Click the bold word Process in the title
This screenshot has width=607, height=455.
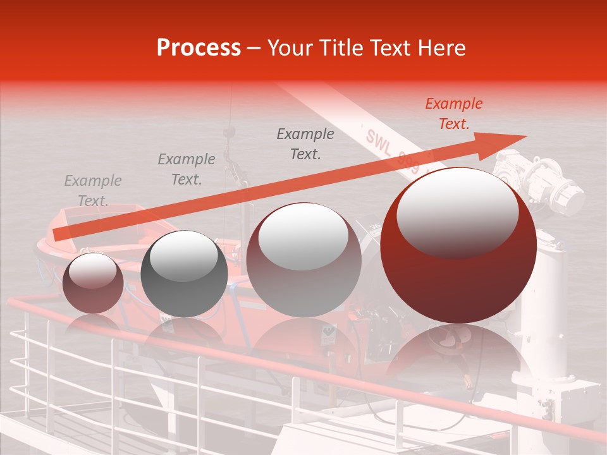click(x=199, y=48)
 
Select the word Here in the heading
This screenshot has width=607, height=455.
click(x=442, y=48)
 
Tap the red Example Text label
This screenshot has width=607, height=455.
click(x=453, y=114)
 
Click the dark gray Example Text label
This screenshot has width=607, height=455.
click(x=305, y=143)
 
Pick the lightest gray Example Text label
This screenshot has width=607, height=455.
click(x=93, y=190)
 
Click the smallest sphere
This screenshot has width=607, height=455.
click(x=93, y=283)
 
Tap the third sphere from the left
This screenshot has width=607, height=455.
click(x=303, y=260)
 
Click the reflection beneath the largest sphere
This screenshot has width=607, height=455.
click(x=458, y=354)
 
